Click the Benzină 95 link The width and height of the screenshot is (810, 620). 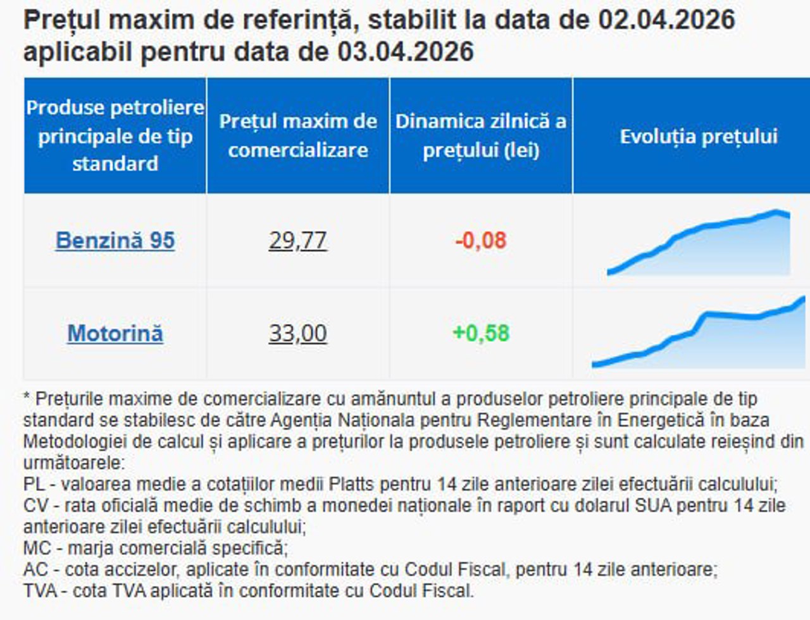coord(115,240)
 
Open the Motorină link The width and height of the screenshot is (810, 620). coord(115,333)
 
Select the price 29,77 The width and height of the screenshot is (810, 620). coord(297,240)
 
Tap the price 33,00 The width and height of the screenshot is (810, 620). coord(297,333)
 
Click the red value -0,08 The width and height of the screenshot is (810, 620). coord(481,240)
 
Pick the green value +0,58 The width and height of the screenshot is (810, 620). coord(481,333)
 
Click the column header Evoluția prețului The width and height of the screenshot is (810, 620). coord(699,136)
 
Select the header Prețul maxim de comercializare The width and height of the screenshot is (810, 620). coord(298,135)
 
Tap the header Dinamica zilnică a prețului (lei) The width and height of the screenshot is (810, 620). coord(481,135)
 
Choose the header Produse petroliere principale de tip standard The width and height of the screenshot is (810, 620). coord(115,135)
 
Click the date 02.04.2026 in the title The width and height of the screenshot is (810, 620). coord(666,20)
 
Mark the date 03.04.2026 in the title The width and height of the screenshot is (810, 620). coord(406,51)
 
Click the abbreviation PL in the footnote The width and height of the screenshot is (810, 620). coord(34,484)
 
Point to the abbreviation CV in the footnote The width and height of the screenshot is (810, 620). coord(35,506)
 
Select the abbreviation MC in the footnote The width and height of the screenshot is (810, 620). coord(37,548)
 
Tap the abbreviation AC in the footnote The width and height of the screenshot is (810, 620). coord(35,569)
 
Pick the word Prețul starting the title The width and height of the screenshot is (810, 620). coord(61,20)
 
